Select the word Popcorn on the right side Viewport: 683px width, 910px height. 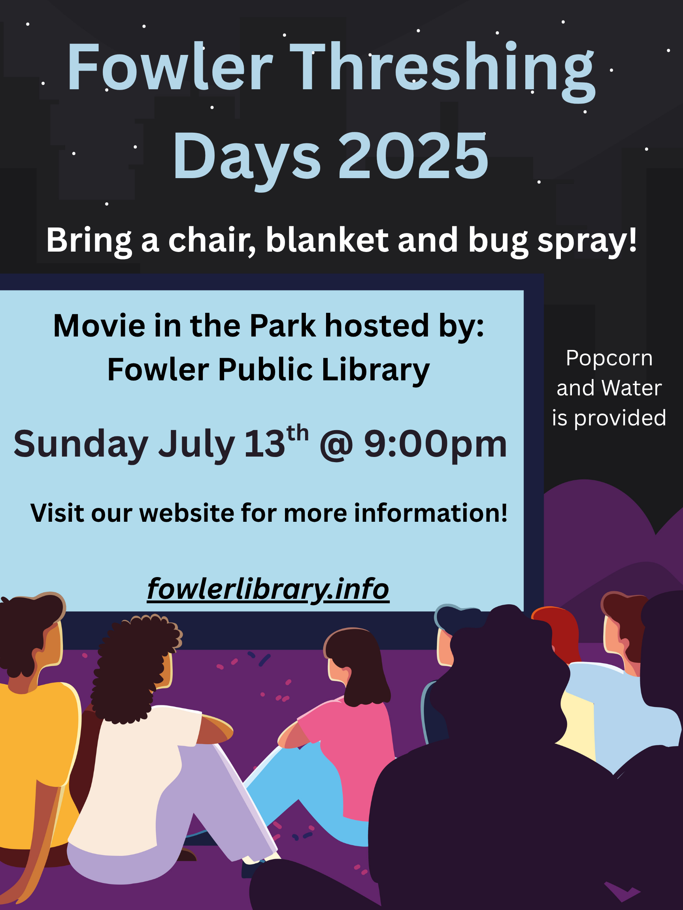point(609,358)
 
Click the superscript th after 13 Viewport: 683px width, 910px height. point(297,433)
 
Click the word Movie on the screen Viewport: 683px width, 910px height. point(99,326)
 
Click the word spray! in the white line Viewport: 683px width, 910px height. point(587,241)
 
